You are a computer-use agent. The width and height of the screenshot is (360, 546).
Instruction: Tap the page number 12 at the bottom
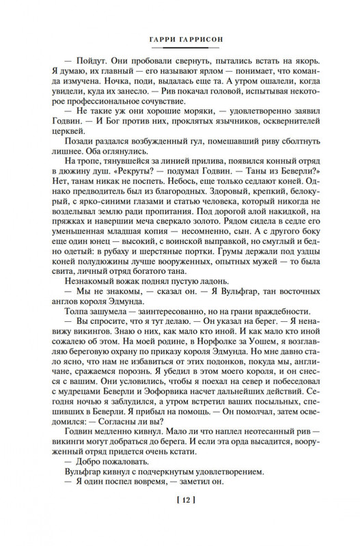[x=180, y=519]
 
